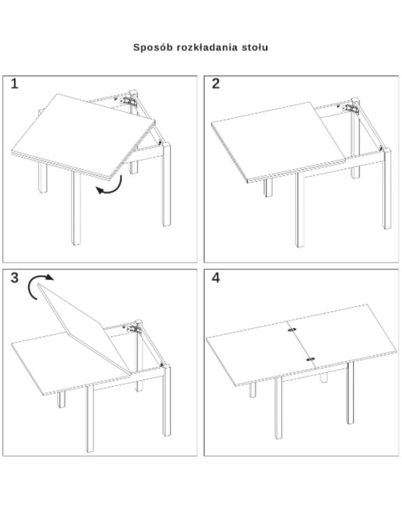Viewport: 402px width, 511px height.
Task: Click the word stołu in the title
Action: tap(255, 47)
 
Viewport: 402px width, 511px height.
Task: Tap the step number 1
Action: tap(15, 84)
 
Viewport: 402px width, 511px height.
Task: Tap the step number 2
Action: tap(216, 84)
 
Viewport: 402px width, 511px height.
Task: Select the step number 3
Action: tap(15, 278)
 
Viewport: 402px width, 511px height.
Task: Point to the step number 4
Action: tap(216, 278)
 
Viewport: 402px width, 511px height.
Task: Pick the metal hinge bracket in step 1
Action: tap(128, 99)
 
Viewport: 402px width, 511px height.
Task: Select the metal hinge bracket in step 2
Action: tap(352, 108)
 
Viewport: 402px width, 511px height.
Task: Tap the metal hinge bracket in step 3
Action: tap(135, 328)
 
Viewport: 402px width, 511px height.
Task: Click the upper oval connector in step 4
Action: tap(292, 329)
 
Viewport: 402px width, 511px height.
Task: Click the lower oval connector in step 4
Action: tap(311, 359)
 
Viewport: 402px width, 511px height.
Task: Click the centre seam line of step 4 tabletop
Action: tap(301, 344)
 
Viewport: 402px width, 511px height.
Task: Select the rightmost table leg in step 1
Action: tap(167, 184)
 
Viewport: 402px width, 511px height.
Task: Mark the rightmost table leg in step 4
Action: tap(350, 392)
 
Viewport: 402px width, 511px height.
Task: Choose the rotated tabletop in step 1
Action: tap(83, 136)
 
